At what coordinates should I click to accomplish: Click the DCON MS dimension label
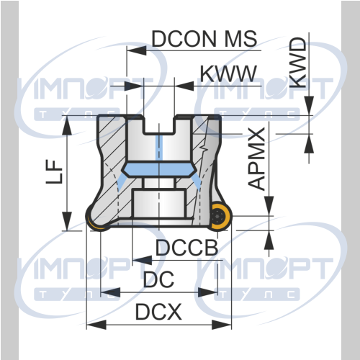click(x=204, y=39)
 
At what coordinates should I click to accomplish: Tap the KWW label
click(x=228, y=73)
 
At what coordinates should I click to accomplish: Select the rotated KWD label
click(x=298, y=63)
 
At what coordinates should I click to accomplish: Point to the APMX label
click(x=256, y=159)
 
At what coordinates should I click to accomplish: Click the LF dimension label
click(x=54, y=172)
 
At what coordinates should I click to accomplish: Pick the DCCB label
click(x=187, y=248)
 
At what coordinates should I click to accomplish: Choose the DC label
click(x=158, y=279)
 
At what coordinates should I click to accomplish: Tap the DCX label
click(x=158, y=312)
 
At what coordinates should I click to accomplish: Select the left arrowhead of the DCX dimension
click(x=96, y=325)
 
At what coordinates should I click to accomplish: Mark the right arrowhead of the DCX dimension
click(x=222, y=325)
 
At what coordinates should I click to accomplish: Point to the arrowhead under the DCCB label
click(x=142, y=260)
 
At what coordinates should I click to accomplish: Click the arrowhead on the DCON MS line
click(x=136, y=50)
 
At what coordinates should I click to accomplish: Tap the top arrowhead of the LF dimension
click(x=67, y=126)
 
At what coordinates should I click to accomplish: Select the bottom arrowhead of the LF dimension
click(x=67, y=221)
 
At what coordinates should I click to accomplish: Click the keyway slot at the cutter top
click(x=159, y=125)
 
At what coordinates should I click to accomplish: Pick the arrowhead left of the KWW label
click(x=134, y=86)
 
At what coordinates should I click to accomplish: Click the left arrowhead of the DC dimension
click(x=110, y=292)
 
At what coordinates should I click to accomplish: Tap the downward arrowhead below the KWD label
click(x=309, y=106)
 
